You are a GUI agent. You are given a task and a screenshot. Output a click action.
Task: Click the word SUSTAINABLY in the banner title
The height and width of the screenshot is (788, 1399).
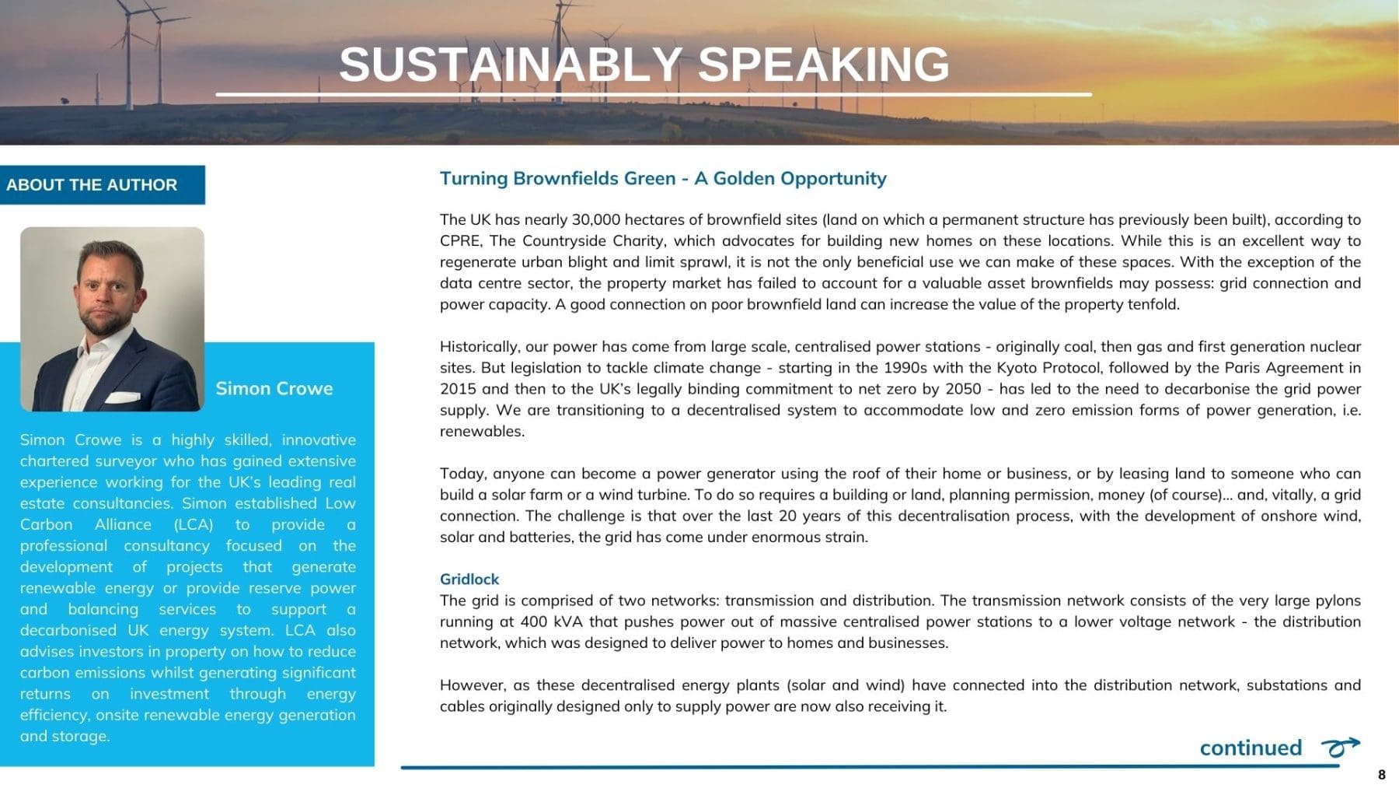510,64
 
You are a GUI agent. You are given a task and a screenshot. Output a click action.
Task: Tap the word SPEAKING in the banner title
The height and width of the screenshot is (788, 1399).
824,64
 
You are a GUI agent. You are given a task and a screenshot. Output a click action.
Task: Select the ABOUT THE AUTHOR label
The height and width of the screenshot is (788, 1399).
92,185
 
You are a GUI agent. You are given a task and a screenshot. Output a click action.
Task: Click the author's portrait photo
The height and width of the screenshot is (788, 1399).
112,319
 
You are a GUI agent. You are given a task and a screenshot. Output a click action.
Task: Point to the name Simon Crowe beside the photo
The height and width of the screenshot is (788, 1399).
274,388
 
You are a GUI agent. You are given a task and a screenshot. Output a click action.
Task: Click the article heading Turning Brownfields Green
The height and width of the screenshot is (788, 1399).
558,178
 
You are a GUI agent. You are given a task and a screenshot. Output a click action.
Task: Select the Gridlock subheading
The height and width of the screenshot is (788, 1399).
469,579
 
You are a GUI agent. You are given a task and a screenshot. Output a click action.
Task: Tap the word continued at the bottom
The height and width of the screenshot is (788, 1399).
1251,748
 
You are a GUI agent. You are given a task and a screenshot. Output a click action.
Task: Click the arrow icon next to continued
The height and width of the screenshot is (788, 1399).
1341,747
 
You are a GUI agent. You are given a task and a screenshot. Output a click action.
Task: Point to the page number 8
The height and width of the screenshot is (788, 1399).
1381,775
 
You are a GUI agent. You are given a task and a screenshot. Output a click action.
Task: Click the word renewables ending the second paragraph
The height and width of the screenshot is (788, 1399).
482,432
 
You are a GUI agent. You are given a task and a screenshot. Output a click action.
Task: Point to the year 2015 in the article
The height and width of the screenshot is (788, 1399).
457,389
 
